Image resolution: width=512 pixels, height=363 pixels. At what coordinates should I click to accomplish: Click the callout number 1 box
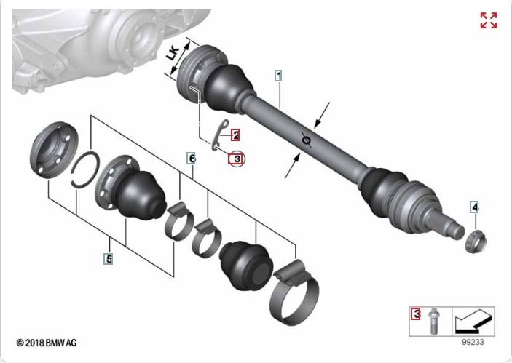(278, 76)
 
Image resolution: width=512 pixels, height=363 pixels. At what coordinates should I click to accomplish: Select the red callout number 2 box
(235, 135)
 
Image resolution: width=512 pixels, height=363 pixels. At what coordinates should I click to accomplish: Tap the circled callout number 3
(237, 159)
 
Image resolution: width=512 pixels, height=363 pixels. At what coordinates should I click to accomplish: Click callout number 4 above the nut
(474, 207)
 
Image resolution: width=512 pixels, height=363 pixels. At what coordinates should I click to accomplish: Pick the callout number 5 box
(109, 259)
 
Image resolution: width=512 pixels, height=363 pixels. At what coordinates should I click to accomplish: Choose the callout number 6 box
(192, 159)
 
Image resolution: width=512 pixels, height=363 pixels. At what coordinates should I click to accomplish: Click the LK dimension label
(173, 54)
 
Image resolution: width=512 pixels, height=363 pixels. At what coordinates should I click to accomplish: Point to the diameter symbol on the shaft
(306, 140)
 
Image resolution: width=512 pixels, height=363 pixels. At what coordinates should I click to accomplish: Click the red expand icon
(489, 20)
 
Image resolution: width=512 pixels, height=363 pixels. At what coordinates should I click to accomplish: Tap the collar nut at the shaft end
(476, 242)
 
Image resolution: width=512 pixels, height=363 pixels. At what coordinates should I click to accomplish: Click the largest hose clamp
(294, 293)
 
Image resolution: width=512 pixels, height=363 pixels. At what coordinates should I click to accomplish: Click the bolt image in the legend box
(433, 322)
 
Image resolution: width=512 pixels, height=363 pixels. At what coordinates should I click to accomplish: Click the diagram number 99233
(473, 342)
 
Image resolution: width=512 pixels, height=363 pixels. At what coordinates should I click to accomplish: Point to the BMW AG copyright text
(47, 343)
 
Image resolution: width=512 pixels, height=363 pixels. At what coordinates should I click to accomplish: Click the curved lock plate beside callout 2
(219, 135)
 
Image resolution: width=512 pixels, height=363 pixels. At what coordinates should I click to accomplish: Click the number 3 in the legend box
(416, 314)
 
